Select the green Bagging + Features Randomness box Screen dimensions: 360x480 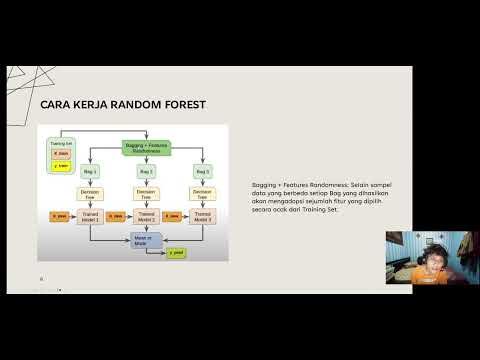(148, 148)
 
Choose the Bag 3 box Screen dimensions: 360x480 (203, 172)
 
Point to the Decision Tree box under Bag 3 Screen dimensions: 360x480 (203, 193)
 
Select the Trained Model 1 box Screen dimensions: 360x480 (89, 216)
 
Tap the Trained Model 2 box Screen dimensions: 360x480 (148, 216)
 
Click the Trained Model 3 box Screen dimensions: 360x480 (204, 216)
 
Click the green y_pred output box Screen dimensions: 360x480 (177, 254)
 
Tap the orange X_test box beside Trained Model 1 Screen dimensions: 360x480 (59, 216)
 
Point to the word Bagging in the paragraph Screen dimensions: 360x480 (265, 186)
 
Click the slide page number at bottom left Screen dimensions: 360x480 (41, 278)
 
